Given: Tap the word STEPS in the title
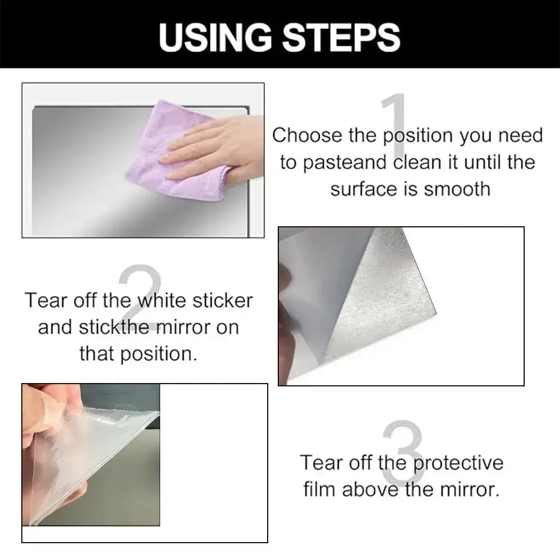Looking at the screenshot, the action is pos(342,37).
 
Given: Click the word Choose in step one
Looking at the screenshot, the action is pos(307,136).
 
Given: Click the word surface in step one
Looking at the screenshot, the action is pos(364,189).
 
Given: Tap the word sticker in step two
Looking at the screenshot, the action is pos(222,301).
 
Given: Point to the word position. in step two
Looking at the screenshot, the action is pos(158,354).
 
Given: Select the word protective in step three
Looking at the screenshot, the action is pos(458,463).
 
